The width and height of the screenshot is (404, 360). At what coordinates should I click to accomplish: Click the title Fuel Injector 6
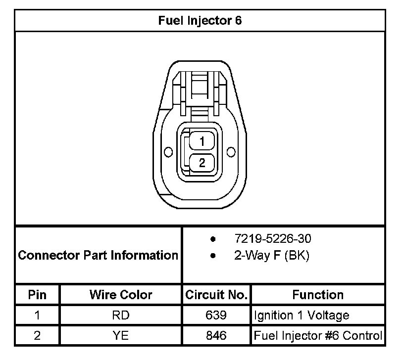(x=200, y=21)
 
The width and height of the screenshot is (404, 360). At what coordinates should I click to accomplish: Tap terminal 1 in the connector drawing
(x=202, y=141)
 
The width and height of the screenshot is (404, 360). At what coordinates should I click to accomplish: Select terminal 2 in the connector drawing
(x=202, y=162)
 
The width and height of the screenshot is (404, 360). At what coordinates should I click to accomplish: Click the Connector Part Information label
(x=98, y=255)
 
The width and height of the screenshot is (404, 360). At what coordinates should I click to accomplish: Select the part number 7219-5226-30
(x=273, y=239)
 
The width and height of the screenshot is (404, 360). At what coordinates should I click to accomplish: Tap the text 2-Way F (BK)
(x=272, y=256)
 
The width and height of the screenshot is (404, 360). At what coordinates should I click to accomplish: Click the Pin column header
(x=37, y=295)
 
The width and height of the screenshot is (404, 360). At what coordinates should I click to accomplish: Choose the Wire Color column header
(x=121, y=295)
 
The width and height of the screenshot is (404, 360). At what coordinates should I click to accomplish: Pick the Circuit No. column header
(x=216, y=295)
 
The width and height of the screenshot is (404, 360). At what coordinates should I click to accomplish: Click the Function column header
(x=318, y=295)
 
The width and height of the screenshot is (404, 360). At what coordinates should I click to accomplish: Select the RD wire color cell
(x=121, y=315)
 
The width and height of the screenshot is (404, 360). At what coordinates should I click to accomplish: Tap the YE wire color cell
(x=121, y=336)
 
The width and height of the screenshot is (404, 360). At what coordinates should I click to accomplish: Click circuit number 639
(x=216, y=315)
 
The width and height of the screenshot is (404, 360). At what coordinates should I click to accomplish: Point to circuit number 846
(x=216, y=336)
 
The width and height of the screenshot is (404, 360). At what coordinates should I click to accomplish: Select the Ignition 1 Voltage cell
(x=302, y=315)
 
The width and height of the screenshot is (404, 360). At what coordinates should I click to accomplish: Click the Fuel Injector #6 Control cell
(x=318, y=336)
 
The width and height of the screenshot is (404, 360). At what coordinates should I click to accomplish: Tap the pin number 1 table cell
(x=37, y=315)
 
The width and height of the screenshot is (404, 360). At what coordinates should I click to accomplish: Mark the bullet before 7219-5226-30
(x=213, y=240)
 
